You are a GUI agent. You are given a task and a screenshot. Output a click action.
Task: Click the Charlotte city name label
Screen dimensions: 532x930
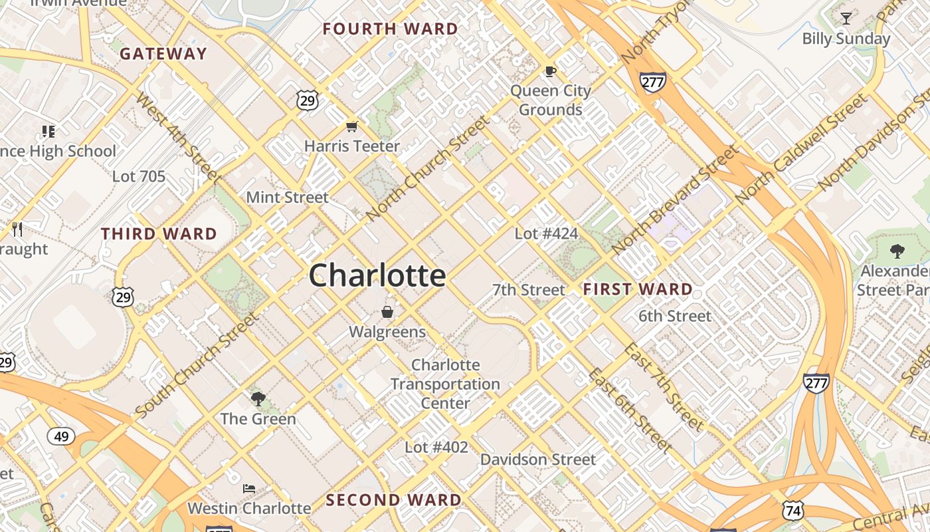pos(377,275)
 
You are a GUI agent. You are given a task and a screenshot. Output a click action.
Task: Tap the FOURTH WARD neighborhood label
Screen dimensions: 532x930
pos(391,29)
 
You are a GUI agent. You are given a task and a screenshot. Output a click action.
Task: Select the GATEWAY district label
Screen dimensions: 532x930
pos(163,54)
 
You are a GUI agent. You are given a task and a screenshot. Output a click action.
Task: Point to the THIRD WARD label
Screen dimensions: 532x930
pos(159,234)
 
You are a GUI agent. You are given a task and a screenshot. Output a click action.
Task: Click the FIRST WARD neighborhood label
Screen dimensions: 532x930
pos(638,289)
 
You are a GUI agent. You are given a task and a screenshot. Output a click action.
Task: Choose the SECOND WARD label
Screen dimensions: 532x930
pos(393,500)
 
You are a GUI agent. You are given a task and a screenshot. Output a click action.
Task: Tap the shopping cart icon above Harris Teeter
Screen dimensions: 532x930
pos(351,126)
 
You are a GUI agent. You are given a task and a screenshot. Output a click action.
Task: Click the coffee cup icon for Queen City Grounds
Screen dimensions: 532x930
pos(550,71)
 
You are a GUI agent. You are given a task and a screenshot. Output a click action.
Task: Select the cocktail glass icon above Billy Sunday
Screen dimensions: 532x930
pos(846,19)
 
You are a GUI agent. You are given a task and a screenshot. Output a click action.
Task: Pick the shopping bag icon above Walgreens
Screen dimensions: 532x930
pos(387,312)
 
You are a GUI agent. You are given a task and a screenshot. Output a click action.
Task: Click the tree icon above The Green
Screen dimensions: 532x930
pos(258,399)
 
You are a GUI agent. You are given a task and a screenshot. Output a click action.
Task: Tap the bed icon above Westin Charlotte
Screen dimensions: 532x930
pos(249,489)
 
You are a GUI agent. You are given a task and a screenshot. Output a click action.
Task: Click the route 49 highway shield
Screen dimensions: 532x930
pos(61,436)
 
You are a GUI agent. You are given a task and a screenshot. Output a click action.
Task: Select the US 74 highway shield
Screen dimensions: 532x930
pos(793,510)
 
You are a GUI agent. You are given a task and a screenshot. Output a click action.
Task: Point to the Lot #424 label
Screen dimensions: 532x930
pos(546,233)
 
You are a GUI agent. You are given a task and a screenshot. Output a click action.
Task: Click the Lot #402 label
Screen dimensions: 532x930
pos(436,448)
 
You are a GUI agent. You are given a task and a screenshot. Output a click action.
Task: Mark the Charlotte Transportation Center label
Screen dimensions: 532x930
pos(445,384)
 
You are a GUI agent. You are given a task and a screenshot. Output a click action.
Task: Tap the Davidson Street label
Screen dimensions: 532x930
pos(538,460)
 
